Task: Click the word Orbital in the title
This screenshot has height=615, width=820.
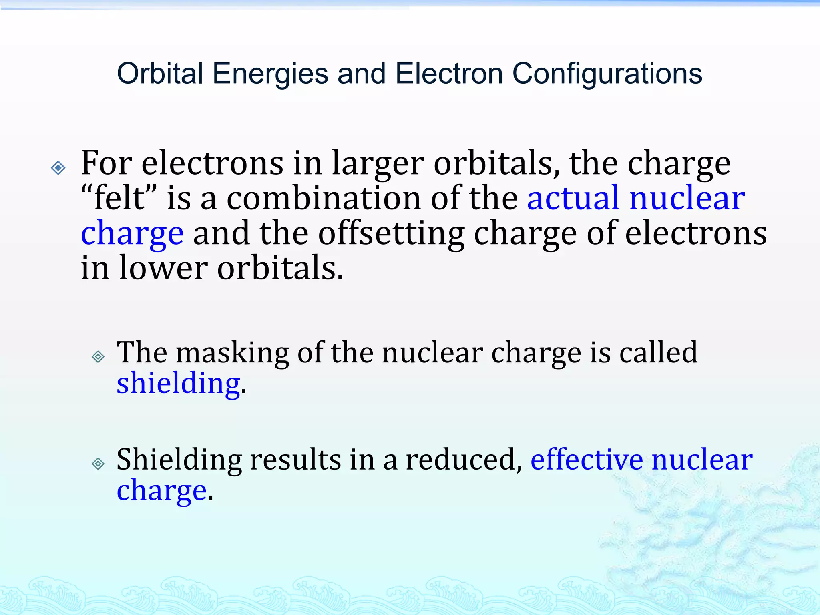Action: tap(160, 74)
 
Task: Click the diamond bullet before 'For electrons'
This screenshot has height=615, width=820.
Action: tap(58, 167)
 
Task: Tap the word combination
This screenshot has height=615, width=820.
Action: tap(324, 198)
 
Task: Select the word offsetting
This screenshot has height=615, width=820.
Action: tap(391, 233)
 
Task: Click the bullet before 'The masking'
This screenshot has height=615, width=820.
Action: tap(98, 356)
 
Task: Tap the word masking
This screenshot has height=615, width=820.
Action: tap(232, 353)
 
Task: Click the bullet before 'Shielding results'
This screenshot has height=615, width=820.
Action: tap(98, 464)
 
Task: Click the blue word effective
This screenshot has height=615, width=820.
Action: tap(587, 460)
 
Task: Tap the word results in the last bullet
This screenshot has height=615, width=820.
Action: tap(295, 460)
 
